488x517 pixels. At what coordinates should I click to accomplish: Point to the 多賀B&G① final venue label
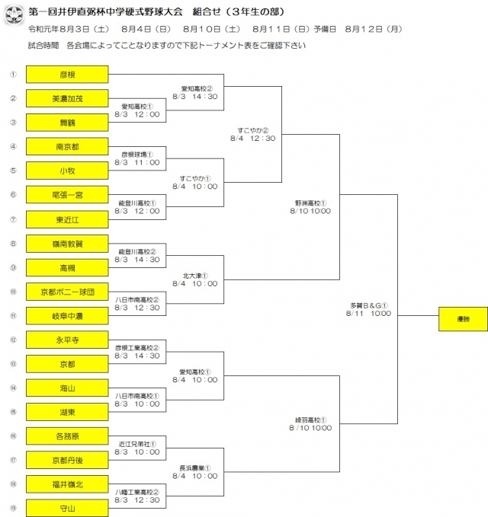coord(369,305)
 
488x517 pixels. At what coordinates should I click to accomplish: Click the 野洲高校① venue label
coord(310,203)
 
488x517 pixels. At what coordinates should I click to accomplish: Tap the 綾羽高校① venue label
coord(310,420)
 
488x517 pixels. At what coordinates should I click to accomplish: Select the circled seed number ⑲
coord(13,508)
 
